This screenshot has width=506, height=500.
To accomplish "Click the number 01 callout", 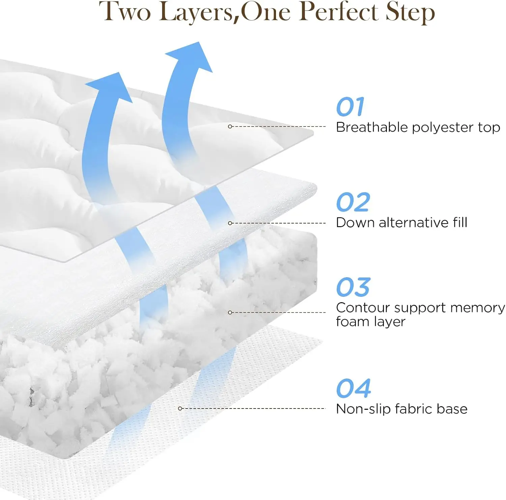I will point(350,107).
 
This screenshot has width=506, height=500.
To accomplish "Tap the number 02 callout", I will point(353,202).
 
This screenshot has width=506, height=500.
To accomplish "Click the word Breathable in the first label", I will point(372,127).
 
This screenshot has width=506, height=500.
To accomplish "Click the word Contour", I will point(362,308).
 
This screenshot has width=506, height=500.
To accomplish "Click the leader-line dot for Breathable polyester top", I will point(230,127).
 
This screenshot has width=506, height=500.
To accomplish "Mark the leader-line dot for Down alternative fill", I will point(230,223).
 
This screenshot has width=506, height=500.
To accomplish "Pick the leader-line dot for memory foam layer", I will point(230,313).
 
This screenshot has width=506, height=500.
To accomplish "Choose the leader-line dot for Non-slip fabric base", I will point(180,409).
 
